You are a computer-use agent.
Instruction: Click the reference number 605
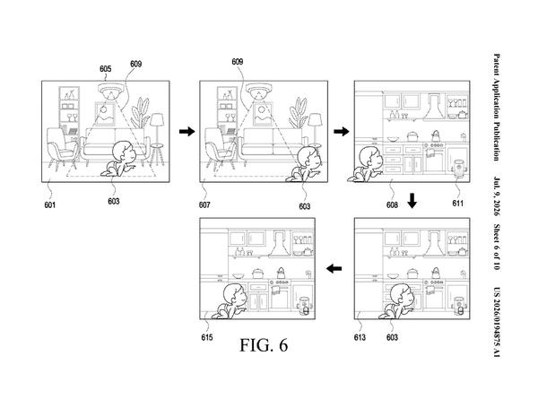point(105,69)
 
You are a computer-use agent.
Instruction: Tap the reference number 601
point(49,204)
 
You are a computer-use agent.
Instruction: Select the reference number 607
point(204,204)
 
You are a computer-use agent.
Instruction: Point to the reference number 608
point(392,204)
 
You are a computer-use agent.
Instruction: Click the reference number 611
point(457,204)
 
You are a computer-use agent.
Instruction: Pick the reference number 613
point(360,337)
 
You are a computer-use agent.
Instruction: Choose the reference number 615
point(207,337)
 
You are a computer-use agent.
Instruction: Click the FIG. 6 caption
point(264,345)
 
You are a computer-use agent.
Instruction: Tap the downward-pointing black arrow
point(412,201)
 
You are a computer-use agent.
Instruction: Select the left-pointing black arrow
point(334,268)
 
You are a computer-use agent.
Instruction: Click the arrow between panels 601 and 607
point(187,131)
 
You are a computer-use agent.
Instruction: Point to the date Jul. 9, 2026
point(497,195)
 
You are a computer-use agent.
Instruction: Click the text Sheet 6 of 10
point(497,247)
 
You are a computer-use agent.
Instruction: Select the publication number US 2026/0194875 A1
point(497,322)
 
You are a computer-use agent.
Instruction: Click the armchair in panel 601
point(62,148)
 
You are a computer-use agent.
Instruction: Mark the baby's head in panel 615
point(235,294)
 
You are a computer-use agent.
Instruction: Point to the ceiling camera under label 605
point(110,90)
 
